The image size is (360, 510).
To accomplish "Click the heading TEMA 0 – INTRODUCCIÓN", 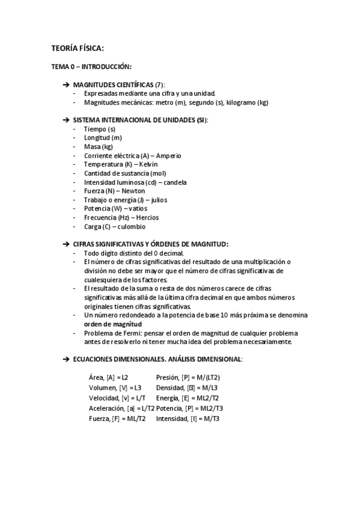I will point(91,66).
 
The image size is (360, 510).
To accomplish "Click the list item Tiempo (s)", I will point(99,129).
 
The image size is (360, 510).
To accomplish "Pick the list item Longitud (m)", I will point(103,138).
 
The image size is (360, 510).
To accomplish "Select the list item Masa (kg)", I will point(98,147).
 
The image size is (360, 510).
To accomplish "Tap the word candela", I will point(175,182).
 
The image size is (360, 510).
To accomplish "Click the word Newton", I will point(133,191).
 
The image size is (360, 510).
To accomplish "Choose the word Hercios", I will point(147,218).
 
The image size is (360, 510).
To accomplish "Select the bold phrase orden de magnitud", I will point(117,324).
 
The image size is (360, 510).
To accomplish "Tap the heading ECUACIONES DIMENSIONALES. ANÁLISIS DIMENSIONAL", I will point(157,359).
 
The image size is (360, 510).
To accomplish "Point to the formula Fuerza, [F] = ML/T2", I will point(117,419).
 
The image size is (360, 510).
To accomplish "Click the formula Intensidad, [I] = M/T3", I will point(188,419).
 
